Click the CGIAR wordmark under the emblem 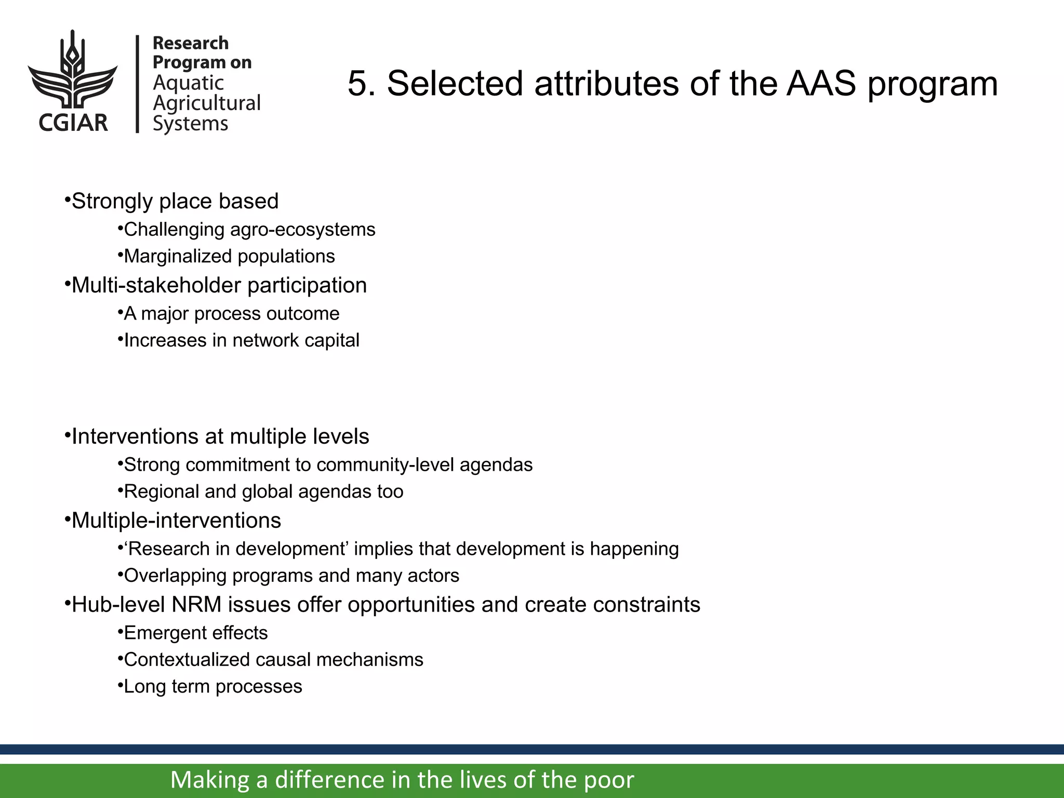(73, 123)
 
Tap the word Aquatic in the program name (188, 83)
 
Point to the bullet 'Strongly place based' (175, 201)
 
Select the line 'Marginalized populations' (229, 257)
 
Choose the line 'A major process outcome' (231, 314)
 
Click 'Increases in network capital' (242, 341)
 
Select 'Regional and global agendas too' (263, 492)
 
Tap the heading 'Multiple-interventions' (176, 521)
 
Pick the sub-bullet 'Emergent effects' (196, 633)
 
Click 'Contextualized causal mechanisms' (273, 660)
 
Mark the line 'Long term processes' (213, 687)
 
